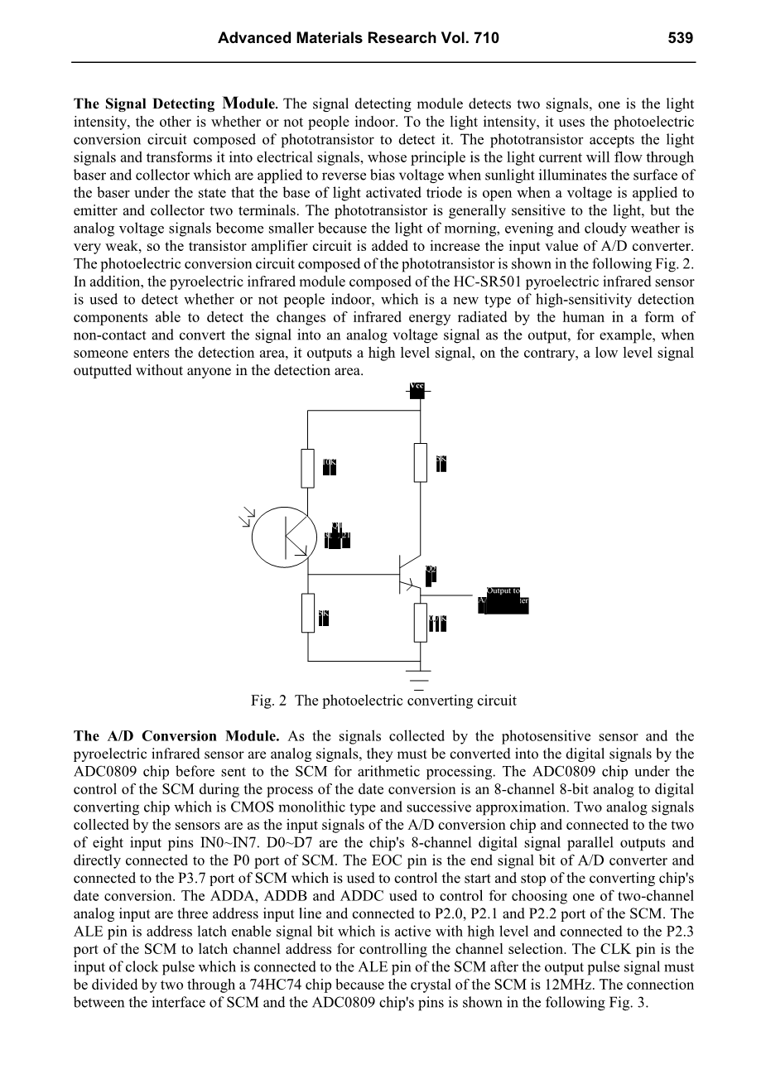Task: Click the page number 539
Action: pyautogui.click(x=678, y=38)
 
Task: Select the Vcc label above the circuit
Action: pyautogui.click(x=417, y=388)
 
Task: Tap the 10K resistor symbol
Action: pyautogui.click(x=308, y=467)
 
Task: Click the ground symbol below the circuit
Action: pyautogui.click(x=420, y=678)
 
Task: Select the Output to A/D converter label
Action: pyautogui.click(x=503, y=599)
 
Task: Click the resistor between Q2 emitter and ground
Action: pyautogui.click(x=420, y=622)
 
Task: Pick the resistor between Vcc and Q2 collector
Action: pyautogui.click(x=420, y=462)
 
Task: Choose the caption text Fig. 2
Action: pyautogui.click(x=268, y=701)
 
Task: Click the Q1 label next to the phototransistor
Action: pyautogui.click(x=336, y=526)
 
